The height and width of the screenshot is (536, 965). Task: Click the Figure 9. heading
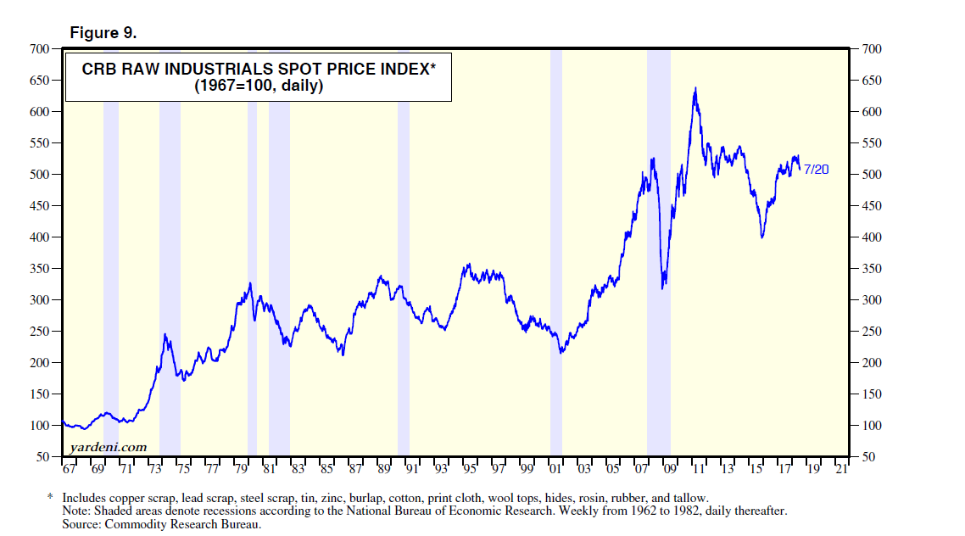point(103,33)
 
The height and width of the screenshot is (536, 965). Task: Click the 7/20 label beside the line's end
point(816,170)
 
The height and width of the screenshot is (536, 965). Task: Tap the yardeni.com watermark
point(108,447)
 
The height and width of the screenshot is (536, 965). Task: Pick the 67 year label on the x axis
point(69,468)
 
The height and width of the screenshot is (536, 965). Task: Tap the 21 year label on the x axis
point(840,468)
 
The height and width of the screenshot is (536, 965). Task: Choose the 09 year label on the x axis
point(669,468)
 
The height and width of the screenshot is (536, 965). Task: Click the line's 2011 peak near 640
point(696,88)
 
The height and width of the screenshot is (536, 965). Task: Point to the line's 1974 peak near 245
point(165,335)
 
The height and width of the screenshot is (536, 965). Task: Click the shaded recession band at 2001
point(556,254)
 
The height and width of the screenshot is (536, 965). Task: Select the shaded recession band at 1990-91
point(404,254)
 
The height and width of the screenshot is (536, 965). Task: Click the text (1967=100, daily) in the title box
point(259,87)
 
